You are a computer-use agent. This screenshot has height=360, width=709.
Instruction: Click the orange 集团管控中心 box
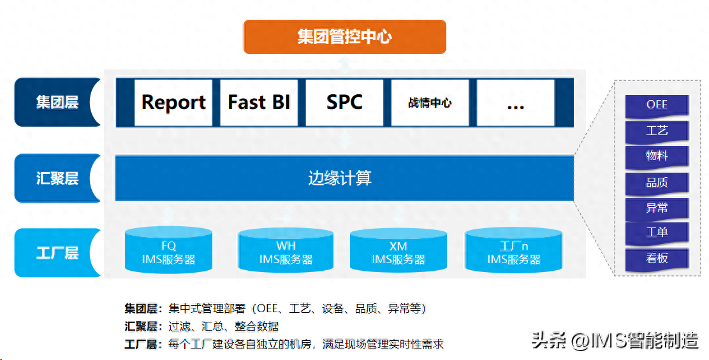pyautogui.click(x=344, y=37)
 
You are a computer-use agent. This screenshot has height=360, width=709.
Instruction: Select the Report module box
pyautogui.click(x=173, y=103)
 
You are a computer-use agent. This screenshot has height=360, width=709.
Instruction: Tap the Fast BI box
pyautogui.click(x=259, y=103)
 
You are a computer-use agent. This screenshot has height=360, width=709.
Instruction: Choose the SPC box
pyautogui.click(x=344, y=103)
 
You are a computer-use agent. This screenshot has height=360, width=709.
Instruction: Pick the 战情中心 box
pyautogui.click(x=430, y=103)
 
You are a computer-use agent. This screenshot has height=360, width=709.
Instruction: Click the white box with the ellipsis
pyautogui.click(x=515, y=103)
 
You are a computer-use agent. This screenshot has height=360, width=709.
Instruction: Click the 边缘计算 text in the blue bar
pyautogui.click(x=340, y=178)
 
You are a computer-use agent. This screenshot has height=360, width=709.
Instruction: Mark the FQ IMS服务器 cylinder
pyautogui.click(x=168, y=252)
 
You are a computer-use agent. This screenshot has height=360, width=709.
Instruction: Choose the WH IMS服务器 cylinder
pyautogui.click(x=286, y=252)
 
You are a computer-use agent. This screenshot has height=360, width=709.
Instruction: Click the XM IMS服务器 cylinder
pyautogui.click(x=398, y=252)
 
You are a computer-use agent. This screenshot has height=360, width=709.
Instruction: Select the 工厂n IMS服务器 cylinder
pyautogui.click(x=514, y=252)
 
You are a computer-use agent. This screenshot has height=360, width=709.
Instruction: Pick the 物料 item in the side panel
pyautogui.click(x=657, y=156)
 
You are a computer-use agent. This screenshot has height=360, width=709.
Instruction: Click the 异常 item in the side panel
pyautogui.click(x=657, y=207)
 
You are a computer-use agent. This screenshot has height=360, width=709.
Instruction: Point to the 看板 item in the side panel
pyautogui.click(x=657, y=258)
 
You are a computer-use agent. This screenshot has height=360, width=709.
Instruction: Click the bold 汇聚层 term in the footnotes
pyautogui.click(x=142, y=327)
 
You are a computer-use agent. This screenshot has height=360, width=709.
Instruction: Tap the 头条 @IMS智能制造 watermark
pyautogui.click(x=615, y=340)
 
